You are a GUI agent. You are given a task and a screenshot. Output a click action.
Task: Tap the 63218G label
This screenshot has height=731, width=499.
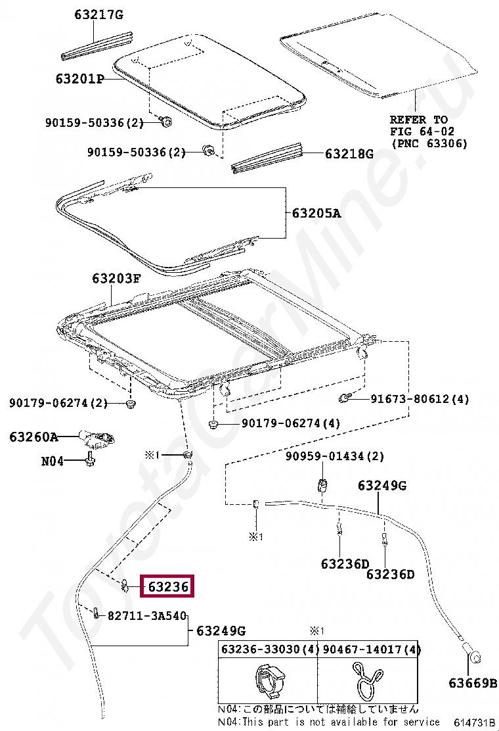coord(349,154)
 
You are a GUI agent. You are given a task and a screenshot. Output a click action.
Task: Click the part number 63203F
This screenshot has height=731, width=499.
coord(116,278)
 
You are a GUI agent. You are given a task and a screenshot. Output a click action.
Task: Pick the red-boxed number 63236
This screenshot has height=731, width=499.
coord(168,586)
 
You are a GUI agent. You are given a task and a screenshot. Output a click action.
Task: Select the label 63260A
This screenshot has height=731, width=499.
coord(33,436)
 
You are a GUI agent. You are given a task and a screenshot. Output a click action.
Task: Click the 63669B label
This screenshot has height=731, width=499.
coord(473,683)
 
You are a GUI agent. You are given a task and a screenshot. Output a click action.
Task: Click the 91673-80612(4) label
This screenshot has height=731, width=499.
coord(420,399)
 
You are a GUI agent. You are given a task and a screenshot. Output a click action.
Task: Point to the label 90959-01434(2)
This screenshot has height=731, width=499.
coord(335,456)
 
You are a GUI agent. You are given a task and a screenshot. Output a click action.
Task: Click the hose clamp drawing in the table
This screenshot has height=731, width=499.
coord(367,681)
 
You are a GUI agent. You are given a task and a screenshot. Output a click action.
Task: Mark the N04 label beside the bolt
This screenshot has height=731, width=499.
coord(53,461)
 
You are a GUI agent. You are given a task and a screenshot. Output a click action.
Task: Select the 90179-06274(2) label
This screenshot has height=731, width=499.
coord(58,402)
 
